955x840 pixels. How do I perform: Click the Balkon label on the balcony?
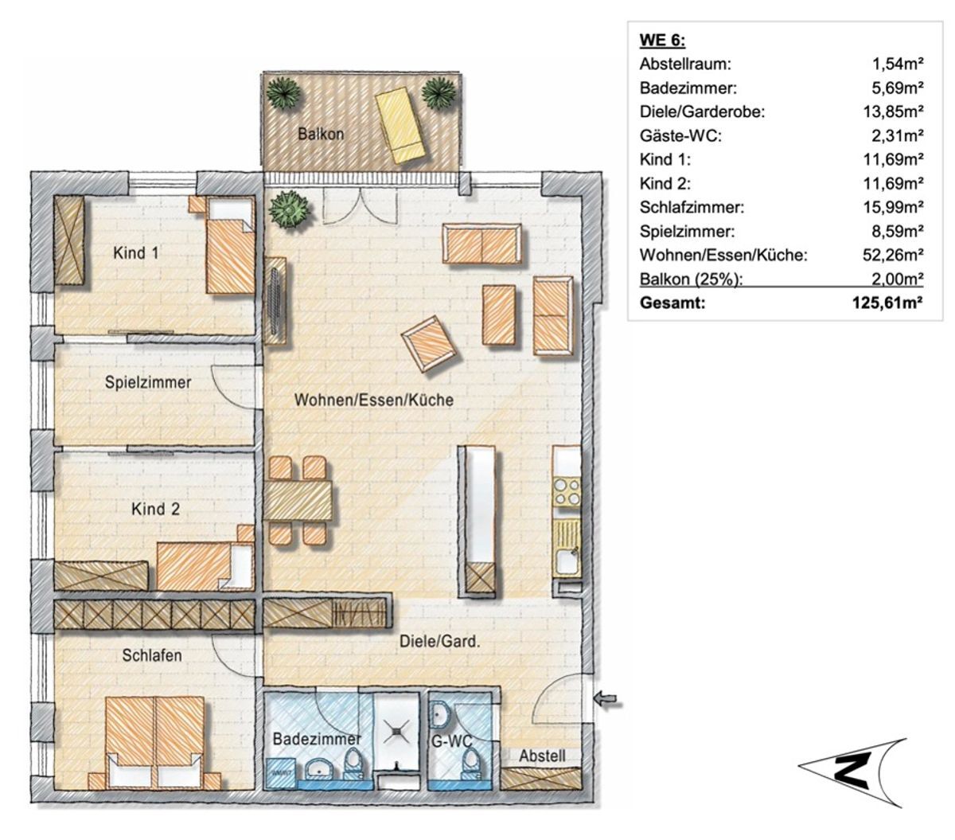321,134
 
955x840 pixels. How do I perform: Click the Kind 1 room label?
136,253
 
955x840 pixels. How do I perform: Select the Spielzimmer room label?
148,382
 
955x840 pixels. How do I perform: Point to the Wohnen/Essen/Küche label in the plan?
374,400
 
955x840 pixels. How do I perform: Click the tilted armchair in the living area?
430,343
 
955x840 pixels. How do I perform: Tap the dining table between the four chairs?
298,500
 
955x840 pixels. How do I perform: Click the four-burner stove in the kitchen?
566,492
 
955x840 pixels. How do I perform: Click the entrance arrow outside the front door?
609,699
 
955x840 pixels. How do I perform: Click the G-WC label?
451,741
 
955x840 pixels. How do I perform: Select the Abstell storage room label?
542,756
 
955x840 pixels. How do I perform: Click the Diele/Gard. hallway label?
439,642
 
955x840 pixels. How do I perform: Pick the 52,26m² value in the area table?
893,255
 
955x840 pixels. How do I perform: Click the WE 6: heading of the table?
662,40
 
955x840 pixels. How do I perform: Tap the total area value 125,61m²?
887,303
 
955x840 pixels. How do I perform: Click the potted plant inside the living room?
289,209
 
